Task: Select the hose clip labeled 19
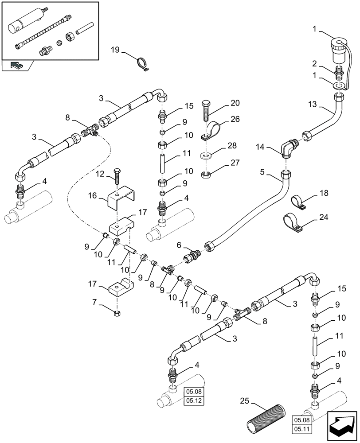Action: (x=142, y=64)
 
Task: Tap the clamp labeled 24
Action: (x=293, y=222)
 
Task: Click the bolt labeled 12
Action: (x=117, y=177)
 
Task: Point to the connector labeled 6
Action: (x=193, y=256)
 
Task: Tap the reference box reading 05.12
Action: (x=193, y=401)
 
